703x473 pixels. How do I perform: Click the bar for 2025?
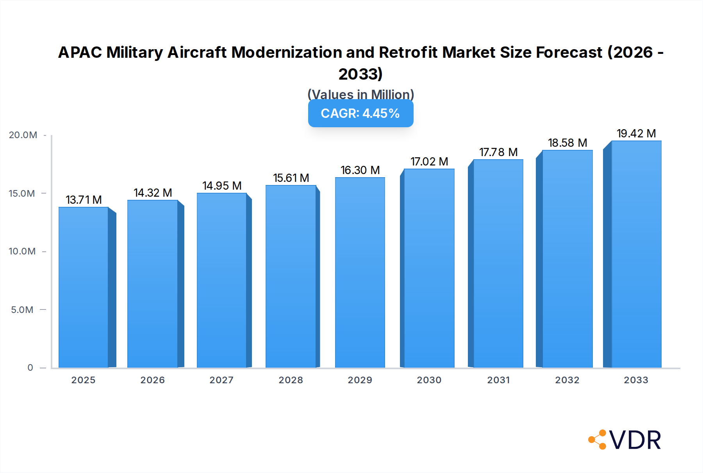coord(84,288)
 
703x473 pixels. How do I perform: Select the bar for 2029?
coord(360,273)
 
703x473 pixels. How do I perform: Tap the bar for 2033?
coord(636,254)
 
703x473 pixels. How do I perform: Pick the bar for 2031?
coord(498,264)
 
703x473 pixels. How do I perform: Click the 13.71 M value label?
coord(84,200)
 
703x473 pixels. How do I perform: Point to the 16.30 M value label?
coord(360,170)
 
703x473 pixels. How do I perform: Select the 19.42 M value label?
coord(636,133)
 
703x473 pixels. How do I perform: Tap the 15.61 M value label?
coord(291,178)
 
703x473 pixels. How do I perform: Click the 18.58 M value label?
coord(567,143)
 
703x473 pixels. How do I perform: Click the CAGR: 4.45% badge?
coord(360,114)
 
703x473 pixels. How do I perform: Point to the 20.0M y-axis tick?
coord(23,135)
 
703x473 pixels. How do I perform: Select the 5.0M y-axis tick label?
coord(22,310)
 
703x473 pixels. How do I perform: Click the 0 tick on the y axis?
coord(30,368)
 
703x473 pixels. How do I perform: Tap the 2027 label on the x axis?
coord(221,380)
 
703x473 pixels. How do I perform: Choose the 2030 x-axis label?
coord(429,380)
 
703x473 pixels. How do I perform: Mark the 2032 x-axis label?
coord(567,380)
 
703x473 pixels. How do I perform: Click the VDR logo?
coord(625,440)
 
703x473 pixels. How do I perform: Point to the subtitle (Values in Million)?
coord(360,94)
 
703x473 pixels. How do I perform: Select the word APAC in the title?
coord(80,52)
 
